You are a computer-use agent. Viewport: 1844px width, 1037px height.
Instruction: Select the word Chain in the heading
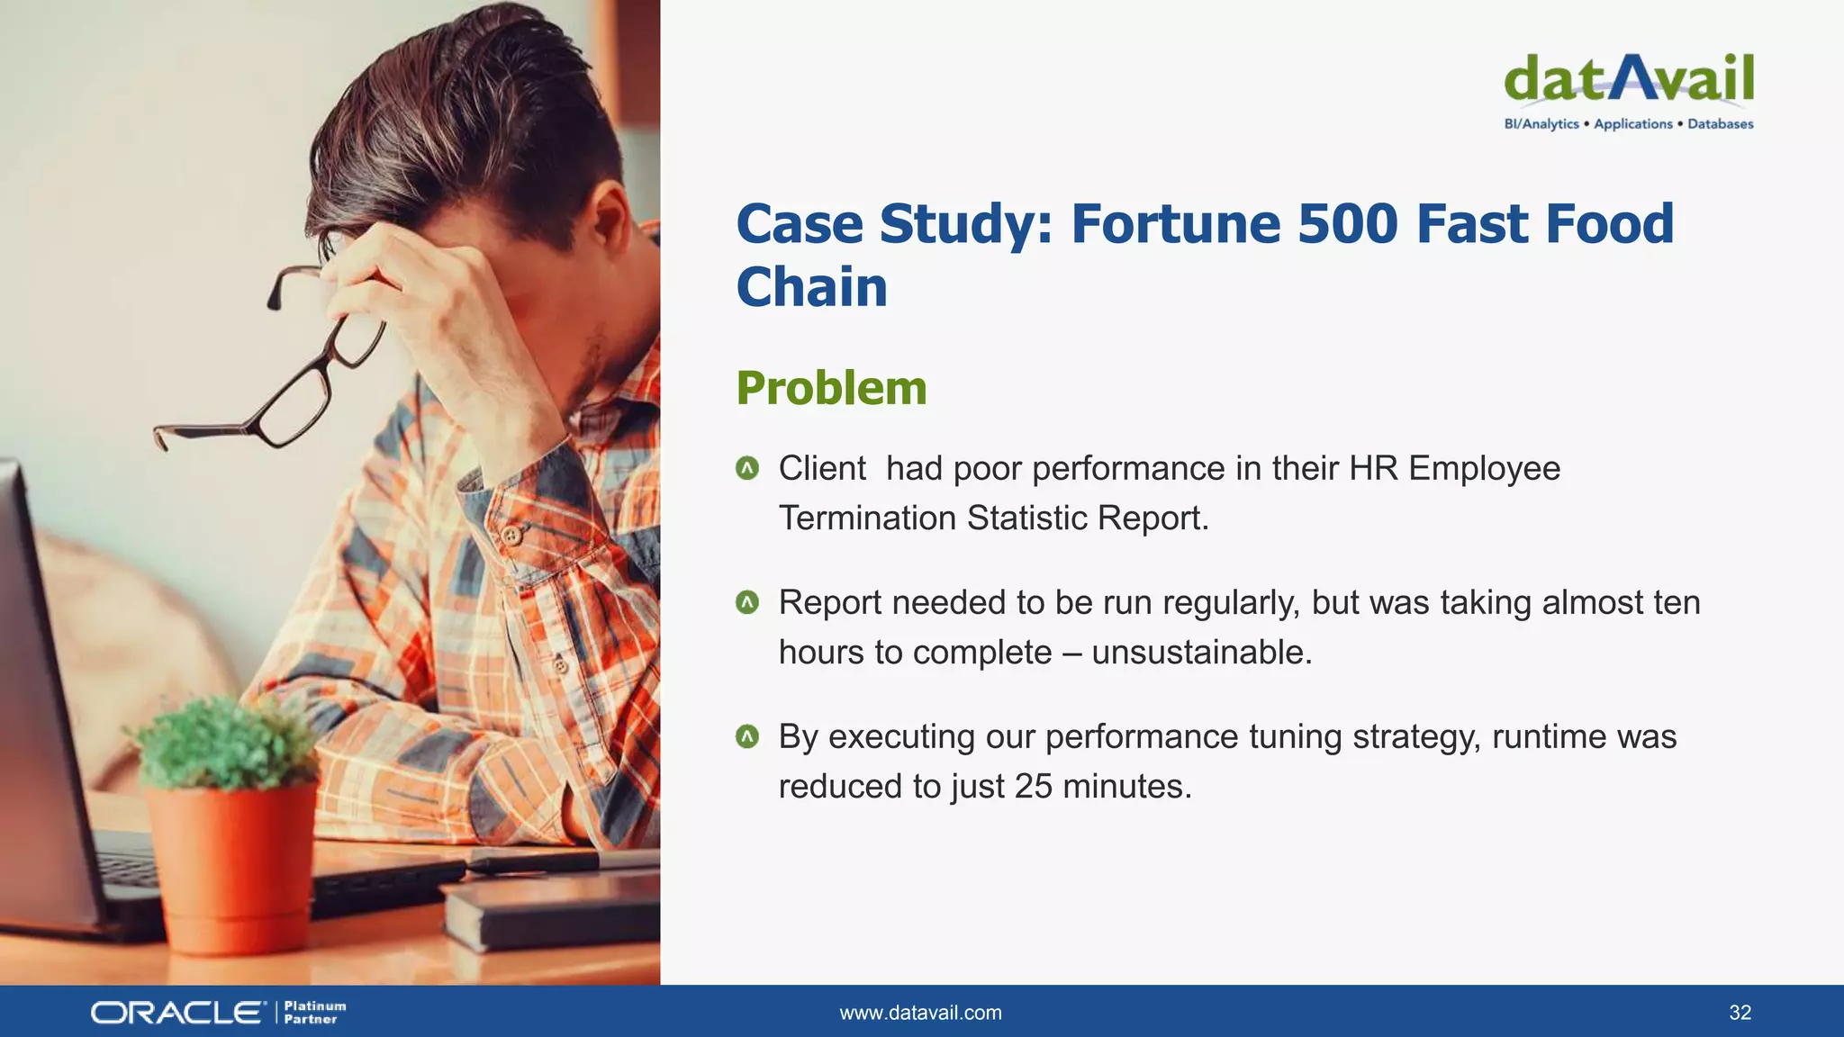[811, 287]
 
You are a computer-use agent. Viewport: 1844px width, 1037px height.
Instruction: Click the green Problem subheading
[831, 388]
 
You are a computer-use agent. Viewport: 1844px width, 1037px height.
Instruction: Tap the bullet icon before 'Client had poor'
[747, 468]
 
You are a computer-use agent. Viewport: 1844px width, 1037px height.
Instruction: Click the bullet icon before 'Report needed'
[747, 602]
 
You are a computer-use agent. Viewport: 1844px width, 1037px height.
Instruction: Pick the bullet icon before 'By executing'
[747, 736]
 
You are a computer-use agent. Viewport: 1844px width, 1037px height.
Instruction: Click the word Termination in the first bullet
[867, 518]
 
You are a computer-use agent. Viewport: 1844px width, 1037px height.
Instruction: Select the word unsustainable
[1200, 653]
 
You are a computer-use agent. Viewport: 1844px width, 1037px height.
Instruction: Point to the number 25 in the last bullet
[1033, 787]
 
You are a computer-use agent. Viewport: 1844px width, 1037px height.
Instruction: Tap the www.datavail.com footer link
[920, 1013]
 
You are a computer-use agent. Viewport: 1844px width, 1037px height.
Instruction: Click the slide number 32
[1740, 1013]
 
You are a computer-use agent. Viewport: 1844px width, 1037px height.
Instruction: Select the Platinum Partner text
[314, 1013]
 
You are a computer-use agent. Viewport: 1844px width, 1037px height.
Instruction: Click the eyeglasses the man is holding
[297, 378]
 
